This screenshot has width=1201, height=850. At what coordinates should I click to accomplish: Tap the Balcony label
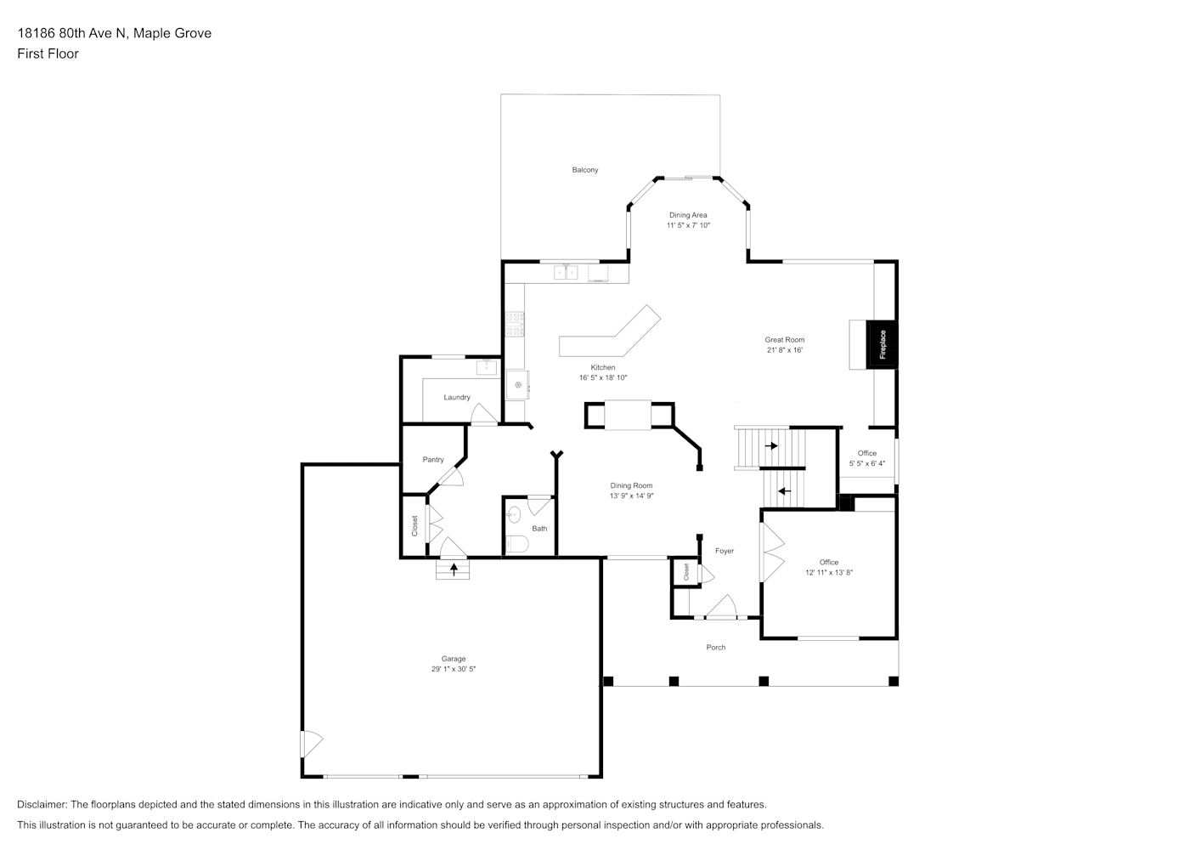[585, 170]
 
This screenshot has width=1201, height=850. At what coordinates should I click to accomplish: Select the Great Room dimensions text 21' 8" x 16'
[785, 350]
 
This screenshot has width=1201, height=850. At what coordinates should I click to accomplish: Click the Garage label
[454, 659]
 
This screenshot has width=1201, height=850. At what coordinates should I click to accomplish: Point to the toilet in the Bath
[517, 545]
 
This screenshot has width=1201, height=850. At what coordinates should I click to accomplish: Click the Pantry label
[433, 460]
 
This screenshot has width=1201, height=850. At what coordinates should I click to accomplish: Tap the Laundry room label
[457, 398]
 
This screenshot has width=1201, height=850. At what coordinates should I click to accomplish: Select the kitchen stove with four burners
[515, 325]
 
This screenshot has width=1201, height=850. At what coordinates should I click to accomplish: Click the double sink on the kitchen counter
[566, 273]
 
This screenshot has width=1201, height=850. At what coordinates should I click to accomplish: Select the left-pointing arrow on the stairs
[785, 491]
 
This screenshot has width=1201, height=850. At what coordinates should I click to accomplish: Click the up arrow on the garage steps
[454, 569]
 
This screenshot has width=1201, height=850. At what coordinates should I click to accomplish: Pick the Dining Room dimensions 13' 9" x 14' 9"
[632, 496]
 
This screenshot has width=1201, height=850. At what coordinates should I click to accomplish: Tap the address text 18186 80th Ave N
[73, 33]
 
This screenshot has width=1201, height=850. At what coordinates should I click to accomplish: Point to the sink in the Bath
[514, 515]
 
